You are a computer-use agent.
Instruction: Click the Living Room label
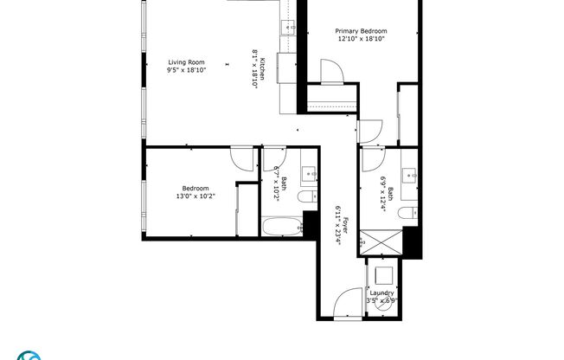click(186, 61)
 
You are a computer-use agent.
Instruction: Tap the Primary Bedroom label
click(361, 30)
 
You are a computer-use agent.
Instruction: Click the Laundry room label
click(382, 293)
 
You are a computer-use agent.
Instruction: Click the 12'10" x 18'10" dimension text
click(361, 39)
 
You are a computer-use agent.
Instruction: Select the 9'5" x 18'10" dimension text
click(186, 70)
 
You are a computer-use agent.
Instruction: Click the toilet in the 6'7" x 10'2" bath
click(306, 198)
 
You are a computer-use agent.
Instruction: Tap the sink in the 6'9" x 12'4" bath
click(413, 173)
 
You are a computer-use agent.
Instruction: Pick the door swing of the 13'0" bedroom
click(242, 158)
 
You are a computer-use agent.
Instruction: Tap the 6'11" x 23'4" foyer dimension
click(336, 225)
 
